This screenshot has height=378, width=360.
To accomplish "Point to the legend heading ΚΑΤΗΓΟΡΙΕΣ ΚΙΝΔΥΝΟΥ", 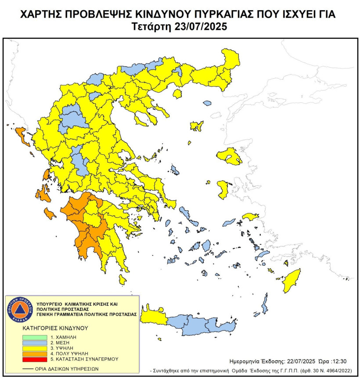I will tap(55, 328).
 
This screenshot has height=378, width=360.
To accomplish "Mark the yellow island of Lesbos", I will tap(230, 156).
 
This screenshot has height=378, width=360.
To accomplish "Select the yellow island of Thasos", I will tap(177, 94).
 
